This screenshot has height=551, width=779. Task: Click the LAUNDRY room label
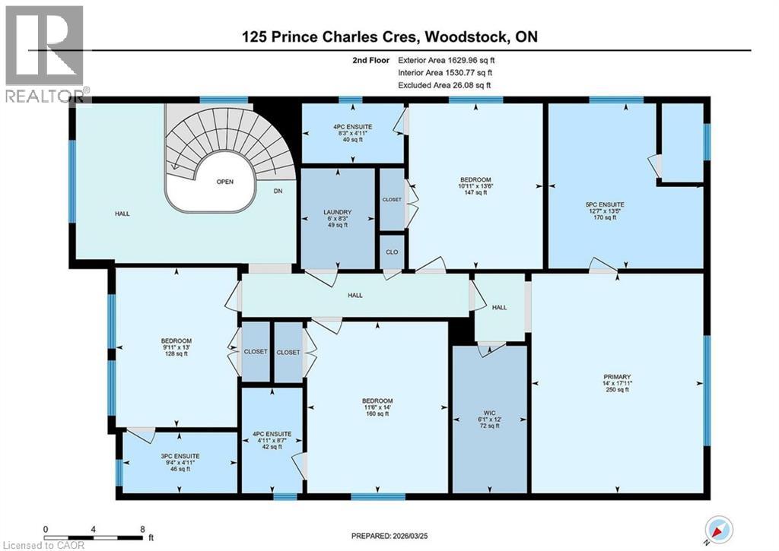click(337, 213)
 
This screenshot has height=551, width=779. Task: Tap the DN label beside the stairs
click(278, 192)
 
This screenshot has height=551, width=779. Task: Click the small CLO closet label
click(392, 252)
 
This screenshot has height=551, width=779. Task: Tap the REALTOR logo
click(44, 53)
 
